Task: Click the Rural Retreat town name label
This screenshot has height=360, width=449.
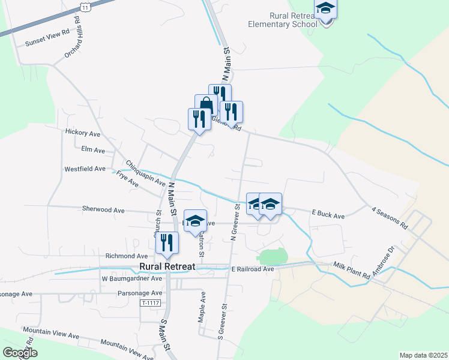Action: (169, 267)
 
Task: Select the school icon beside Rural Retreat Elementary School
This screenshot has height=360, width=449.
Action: (325, 10)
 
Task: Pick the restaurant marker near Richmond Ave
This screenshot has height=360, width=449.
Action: (167, 242)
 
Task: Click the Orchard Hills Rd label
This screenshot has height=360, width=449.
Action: (72, 37)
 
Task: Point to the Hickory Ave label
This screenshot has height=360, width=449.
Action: (83, 133)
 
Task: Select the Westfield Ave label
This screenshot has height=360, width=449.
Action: (85, 169)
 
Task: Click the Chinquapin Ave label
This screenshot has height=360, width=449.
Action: (145, 172)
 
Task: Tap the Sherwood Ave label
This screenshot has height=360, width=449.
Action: (103, 210)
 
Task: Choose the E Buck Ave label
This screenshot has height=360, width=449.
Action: (328, 214)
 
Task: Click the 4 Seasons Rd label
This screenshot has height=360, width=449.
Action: (390, 219)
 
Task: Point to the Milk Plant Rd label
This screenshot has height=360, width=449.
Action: (352, 270)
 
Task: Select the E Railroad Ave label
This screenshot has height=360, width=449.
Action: (253, 269)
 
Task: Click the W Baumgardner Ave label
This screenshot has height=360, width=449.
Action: (132, 278)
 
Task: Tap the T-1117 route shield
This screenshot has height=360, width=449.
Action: (151, 304)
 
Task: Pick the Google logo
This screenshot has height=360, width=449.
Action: (20, 353)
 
